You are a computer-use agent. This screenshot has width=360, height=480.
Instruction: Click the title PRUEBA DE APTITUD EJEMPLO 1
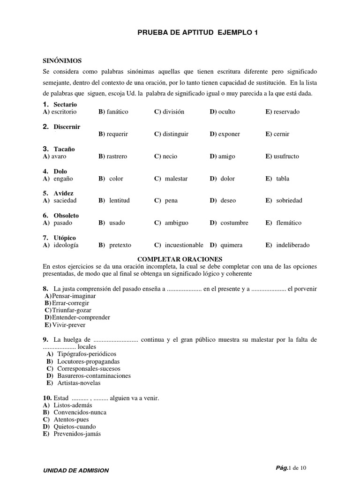[197, 32]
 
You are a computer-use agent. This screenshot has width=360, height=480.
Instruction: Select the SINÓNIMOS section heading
[62, 61]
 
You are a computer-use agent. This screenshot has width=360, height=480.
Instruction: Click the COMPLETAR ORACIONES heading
[180, 259]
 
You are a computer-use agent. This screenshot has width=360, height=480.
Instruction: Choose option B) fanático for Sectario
[113, 112]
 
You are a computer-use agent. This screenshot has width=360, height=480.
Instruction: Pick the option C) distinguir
[171, 134]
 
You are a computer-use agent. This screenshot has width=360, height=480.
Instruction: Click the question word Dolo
[60, 172]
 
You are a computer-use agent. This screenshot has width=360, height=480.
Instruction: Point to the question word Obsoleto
[66, 216]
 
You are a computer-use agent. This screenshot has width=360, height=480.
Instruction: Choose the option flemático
[289, 223]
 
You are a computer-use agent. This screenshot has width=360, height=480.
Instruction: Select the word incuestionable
[184, 245]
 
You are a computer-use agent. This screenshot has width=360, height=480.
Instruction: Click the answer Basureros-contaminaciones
[94, 375]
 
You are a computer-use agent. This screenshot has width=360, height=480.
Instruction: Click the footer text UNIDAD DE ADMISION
[76, 470]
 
